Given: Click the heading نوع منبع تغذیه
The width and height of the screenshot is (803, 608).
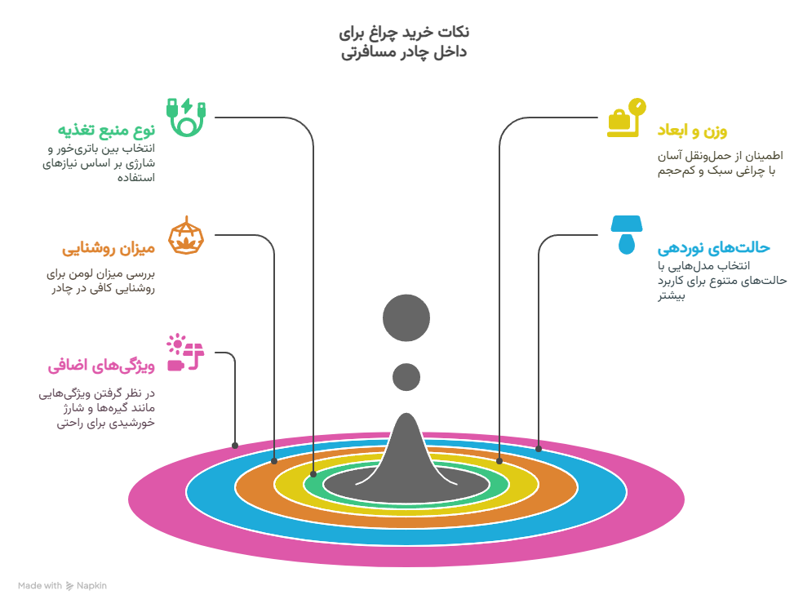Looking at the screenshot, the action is tap(106, 130).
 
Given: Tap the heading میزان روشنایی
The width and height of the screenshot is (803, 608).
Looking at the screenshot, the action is tap(109, 248).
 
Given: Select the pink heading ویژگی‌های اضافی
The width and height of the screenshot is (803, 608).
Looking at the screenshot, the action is tap(101, 366).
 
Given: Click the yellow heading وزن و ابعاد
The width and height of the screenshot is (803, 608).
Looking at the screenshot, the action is tap(692, 131).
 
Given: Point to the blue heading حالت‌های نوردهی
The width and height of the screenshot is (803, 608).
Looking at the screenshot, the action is tap(714, 248).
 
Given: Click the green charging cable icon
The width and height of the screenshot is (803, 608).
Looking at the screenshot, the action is tap(186, 118).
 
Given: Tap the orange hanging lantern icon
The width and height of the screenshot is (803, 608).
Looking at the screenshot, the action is tap(186, 235).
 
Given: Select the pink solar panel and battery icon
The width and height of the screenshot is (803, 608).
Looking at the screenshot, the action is tap(185, 353).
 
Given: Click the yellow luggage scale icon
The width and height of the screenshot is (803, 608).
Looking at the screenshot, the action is tap(626, 118).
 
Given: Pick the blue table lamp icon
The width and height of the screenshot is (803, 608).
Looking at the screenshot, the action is tap(626, 235).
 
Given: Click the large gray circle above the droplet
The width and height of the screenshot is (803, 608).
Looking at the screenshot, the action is tap(406, 317).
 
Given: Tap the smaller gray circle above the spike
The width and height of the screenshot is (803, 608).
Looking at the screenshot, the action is tap(406, 377).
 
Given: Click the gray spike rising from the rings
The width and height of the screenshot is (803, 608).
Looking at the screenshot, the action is tap(406, 450).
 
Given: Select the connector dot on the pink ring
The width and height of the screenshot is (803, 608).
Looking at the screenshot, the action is tap(235, 446).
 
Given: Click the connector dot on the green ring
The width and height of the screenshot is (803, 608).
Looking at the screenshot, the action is tap(313, 474).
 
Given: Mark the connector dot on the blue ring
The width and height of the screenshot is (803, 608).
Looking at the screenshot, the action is tap(539, 449).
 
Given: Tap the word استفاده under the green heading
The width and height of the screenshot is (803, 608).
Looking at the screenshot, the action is tap(136, 178).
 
